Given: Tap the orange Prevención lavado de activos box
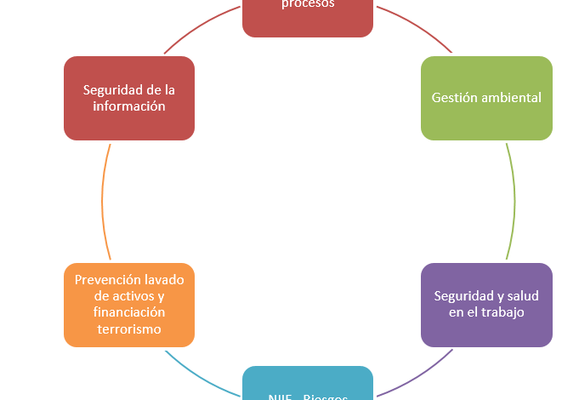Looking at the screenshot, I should click(x=129, y=305).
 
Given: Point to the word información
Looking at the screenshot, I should click(x=130, y=106).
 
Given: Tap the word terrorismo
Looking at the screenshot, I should click(x=129, y=329).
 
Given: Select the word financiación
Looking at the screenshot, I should click(x=129, y=312).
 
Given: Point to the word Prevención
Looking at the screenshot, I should click(x=107, y=279).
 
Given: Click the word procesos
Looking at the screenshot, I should click(x=308, y=3).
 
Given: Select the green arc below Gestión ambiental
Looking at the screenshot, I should click(x=514, y=200).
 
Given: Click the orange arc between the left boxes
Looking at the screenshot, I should click(x=103, y=200).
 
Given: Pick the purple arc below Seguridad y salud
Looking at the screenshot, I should click(x=417, y=375).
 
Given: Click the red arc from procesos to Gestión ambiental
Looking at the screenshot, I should click(x=417, y=26).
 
